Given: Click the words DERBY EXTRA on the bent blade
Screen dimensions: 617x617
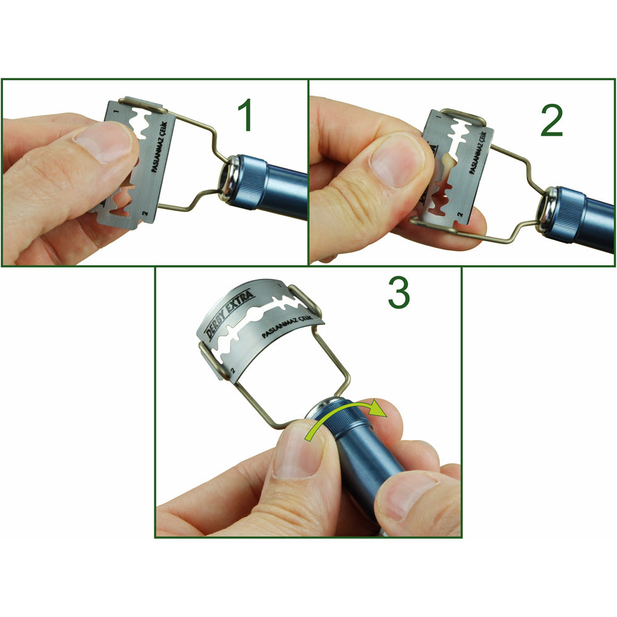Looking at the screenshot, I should pyautogui.click(x=231, y=310).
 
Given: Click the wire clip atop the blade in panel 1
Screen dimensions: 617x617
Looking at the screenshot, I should pyautogui.click(x=143, y=104).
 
